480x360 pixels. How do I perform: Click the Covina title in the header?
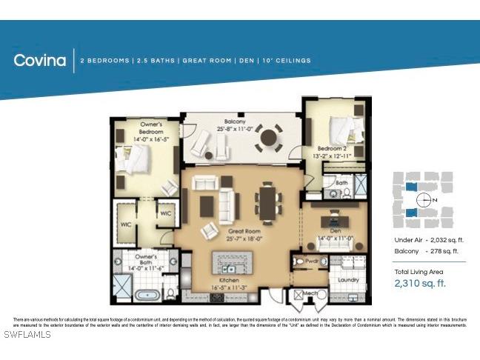40,61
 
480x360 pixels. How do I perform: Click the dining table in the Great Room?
267,201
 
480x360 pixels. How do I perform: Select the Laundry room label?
347,280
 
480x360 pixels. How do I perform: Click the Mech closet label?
310,294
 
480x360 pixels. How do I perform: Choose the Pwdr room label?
312,261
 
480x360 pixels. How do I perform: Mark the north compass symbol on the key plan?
424,200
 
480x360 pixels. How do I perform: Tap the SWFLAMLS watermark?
27,335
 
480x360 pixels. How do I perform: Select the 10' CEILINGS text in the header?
285,61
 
